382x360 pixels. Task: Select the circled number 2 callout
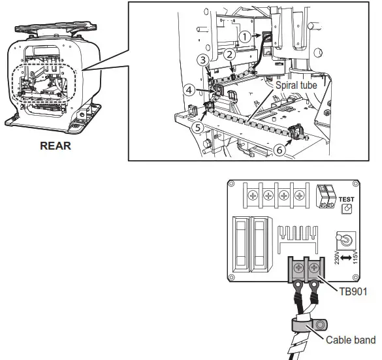pos(230,55)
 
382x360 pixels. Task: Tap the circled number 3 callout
pos(203,60)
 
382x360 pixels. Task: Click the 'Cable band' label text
pos(351,340)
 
